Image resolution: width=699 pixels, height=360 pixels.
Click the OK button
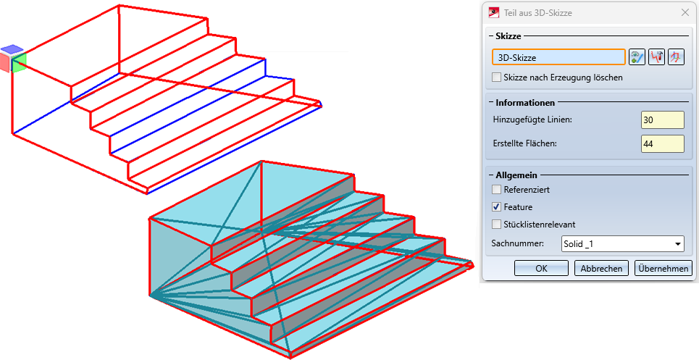pos(541,268)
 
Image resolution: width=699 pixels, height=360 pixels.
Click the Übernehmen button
pos(663,268)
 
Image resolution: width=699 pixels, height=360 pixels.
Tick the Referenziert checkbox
pos(497,190)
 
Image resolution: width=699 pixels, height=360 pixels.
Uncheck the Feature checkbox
pos(497,207)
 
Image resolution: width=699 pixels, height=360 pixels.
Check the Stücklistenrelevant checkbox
pos(497,224)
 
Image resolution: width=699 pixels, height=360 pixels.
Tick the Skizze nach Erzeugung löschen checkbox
pos(497,77)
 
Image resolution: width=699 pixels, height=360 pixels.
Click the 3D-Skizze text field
pos(558,57)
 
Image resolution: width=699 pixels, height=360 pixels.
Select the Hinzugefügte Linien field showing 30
pos(662,119)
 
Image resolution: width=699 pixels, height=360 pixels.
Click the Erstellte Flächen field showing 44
pos(662,143)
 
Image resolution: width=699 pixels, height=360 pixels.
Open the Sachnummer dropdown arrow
pos(678,243)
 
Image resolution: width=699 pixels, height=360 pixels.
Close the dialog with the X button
pos(685,12)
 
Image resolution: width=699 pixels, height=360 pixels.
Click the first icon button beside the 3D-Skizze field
pos(637,57)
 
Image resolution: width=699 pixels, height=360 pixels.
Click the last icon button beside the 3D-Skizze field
pos(677,57)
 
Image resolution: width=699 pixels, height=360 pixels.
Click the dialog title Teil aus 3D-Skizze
pos(537,12)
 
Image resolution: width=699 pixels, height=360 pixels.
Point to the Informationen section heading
pos(525,103)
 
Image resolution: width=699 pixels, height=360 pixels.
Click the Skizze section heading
pos(509,35)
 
